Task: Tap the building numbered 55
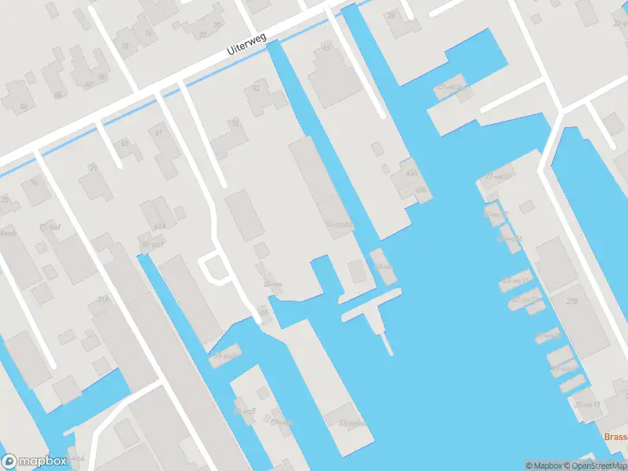234,123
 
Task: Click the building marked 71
94,168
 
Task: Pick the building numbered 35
392,16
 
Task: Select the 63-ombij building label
352,424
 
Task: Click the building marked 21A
103,299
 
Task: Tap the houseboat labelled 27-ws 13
586,404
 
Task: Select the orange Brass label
615,437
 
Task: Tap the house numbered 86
24,106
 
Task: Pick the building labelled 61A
159,227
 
